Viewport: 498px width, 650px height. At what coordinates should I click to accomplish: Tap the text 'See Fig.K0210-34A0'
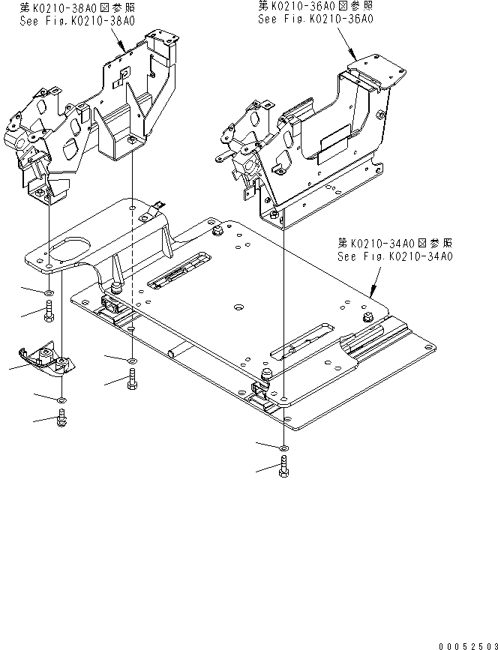click(395, 257)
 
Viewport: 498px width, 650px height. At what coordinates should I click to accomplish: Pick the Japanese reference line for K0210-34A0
click(395, 244)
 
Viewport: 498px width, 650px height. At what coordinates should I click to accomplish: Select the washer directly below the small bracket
click(61, 400)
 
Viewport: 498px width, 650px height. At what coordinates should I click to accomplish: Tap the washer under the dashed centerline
click(132, 361)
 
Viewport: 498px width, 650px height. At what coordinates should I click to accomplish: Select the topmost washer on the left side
click(49, 292)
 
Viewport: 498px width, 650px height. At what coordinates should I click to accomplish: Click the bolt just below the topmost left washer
click(49, 310)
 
